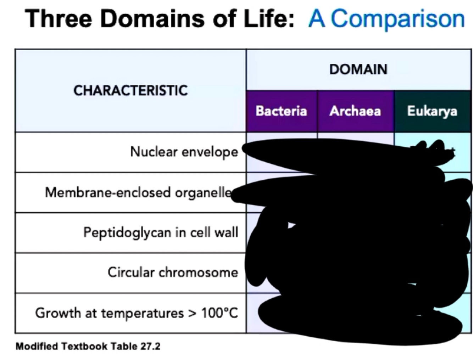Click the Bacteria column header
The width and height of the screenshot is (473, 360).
281,111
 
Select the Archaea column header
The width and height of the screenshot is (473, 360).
355,111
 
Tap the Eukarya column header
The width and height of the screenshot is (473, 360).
432,111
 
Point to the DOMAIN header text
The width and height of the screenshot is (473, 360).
358,69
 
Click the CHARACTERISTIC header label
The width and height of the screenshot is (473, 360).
130,90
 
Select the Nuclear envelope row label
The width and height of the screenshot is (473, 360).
184,152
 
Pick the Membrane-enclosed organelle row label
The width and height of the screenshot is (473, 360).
138,192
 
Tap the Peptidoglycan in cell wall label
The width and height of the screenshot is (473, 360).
161,232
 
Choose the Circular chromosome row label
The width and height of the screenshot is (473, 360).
173,272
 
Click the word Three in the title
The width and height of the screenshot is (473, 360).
59,18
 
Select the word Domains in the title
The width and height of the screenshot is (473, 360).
153,18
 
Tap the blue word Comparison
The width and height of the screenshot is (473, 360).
397,19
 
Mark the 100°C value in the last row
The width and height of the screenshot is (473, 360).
219,313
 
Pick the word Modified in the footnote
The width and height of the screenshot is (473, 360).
37,346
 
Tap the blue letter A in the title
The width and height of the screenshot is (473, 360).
317,18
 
